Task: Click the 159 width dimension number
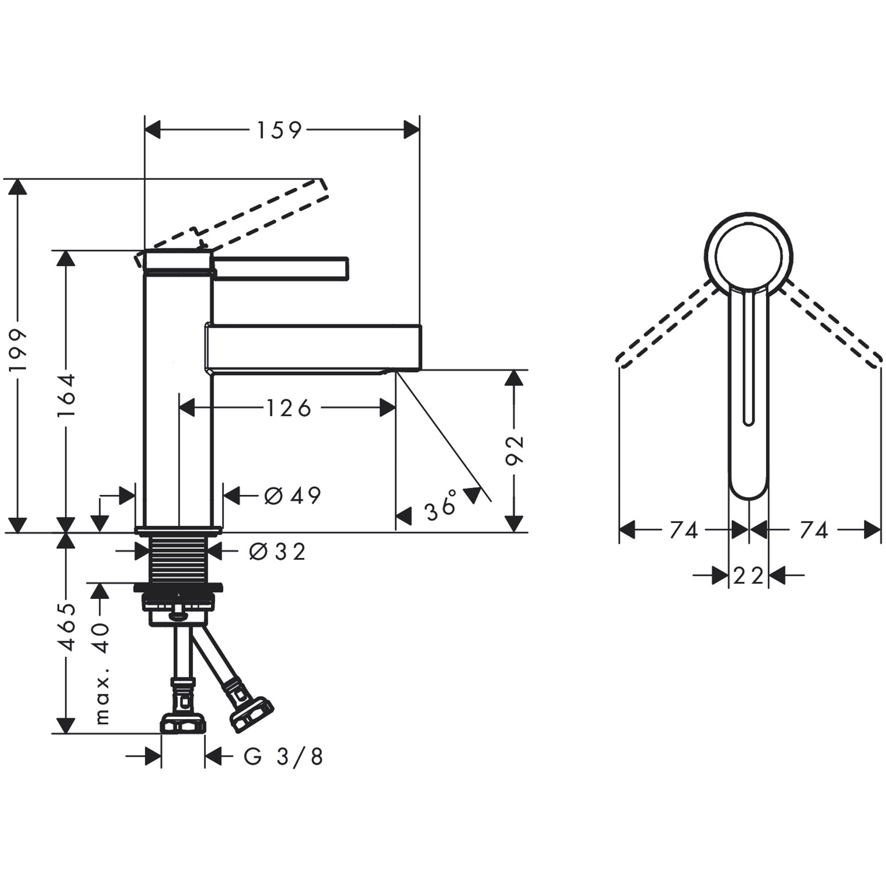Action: (x=279, y=130)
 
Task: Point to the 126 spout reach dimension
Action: (x=288, y=408)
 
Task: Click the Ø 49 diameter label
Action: (x=292, y=495)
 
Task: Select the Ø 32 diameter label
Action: (x=277, y=552)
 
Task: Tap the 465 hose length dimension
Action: (x=66, y=627)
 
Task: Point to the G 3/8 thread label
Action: (x=284, y=757)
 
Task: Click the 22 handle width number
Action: (x=748, y=575)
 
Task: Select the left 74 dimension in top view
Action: (x=684, y=531)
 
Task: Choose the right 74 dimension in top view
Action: (x=814, y=531)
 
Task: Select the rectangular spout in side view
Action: (x=312, y=346)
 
